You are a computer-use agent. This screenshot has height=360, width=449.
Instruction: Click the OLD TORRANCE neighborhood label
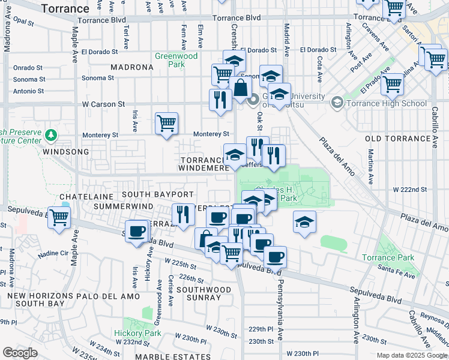pos(398,139)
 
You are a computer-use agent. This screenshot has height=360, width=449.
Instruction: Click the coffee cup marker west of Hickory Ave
pos(137,230)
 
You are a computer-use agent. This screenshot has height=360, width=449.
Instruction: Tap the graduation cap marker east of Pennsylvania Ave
pos(305,221)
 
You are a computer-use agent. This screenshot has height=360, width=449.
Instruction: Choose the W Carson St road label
pos(103,104)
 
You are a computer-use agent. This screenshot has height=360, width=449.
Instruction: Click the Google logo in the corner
pos(20,352)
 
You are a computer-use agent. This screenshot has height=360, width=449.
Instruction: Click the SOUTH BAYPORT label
pos(158,195)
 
